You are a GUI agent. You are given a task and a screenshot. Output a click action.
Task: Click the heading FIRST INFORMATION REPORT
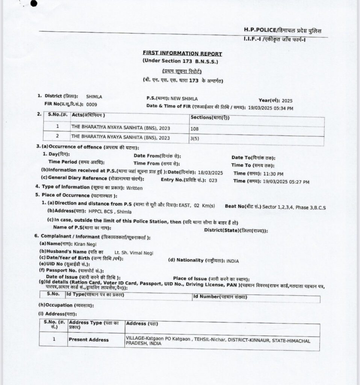182,54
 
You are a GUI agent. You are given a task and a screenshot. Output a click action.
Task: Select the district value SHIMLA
94,97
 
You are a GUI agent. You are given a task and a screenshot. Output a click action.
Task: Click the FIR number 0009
92,104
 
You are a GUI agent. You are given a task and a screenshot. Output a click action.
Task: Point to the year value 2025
286,101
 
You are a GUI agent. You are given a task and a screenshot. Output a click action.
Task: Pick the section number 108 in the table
194,129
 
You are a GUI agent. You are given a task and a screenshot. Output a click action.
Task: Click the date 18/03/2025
211,173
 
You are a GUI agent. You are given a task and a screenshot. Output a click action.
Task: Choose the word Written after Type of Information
135,188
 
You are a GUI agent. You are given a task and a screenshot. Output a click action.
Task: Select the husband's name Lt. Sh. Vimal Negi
134,253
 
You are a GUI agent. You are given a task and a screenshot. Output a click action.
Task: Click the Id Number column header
220,297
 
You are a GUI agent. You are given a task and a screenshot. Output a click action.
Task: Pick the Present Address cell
89,340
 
